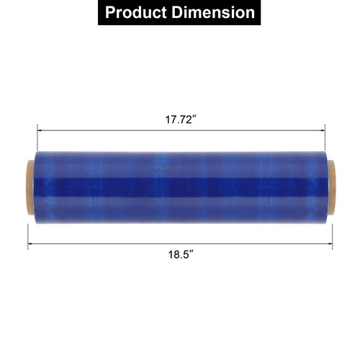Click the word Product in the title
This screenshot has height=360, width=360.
coord(139,13)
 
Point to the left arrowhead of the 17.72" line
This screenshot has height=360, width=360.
coord(40,130)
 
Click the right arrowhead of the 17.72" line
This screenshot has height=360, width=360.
coord(322,130)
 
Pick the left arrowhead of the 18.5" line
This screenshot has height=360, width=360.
coord(31,245)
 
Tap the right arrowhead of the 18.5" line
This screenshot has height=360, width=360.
coord(330,245)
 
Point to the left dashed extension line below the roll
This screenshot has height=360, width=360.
coord(28,234)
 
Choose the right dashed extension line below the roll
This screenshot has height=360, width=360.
coord(333,234)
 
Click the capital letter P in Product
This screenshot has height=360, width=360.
coord(110,13)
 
